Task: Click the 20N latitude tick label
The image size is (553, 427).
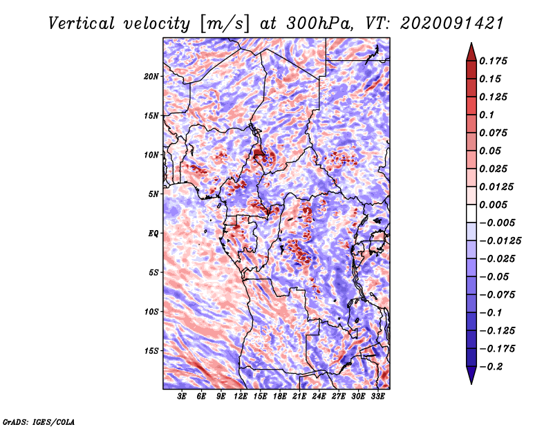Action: tap(151, 77)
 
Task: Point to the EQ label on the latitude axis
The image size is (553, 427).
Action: tap(153, 234)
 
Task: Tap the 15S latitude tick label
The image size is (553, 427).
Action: tap(151, 351)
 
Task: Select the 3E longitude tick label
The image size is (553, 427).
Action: tap(182, 397)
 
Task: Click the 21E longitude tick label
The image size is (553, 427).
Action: tap(299, 397)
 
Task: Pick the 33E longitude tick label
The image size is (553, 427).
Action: tap(377, 397)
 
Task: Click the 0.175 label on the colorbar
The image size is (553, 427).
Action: tap(493, 61)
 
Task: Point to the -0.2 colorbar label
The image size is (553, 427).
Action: tap(491, 367)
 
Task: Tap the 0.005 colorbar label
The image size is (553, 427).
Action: tap(493, 205)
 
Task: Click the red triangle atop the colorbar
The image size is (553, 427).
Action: tap(471, 53)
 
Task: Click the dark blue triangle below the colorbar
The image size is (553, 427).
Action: tap(471, 375)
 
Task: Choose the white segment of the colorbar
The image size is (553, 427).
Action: tap(471, 213)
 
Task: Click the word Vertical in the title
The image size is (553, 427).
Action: tap(82, 23)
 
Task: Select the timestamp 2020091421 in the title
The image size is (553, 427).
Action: tap(452, 23)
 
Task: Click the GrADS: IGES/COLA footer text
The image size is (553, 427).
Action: tap(39, 421)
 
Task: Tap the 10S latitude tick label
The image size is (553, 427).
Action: tap(151, 312)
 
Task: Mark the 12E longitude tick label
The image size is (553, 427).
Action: tap(240, 397)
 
